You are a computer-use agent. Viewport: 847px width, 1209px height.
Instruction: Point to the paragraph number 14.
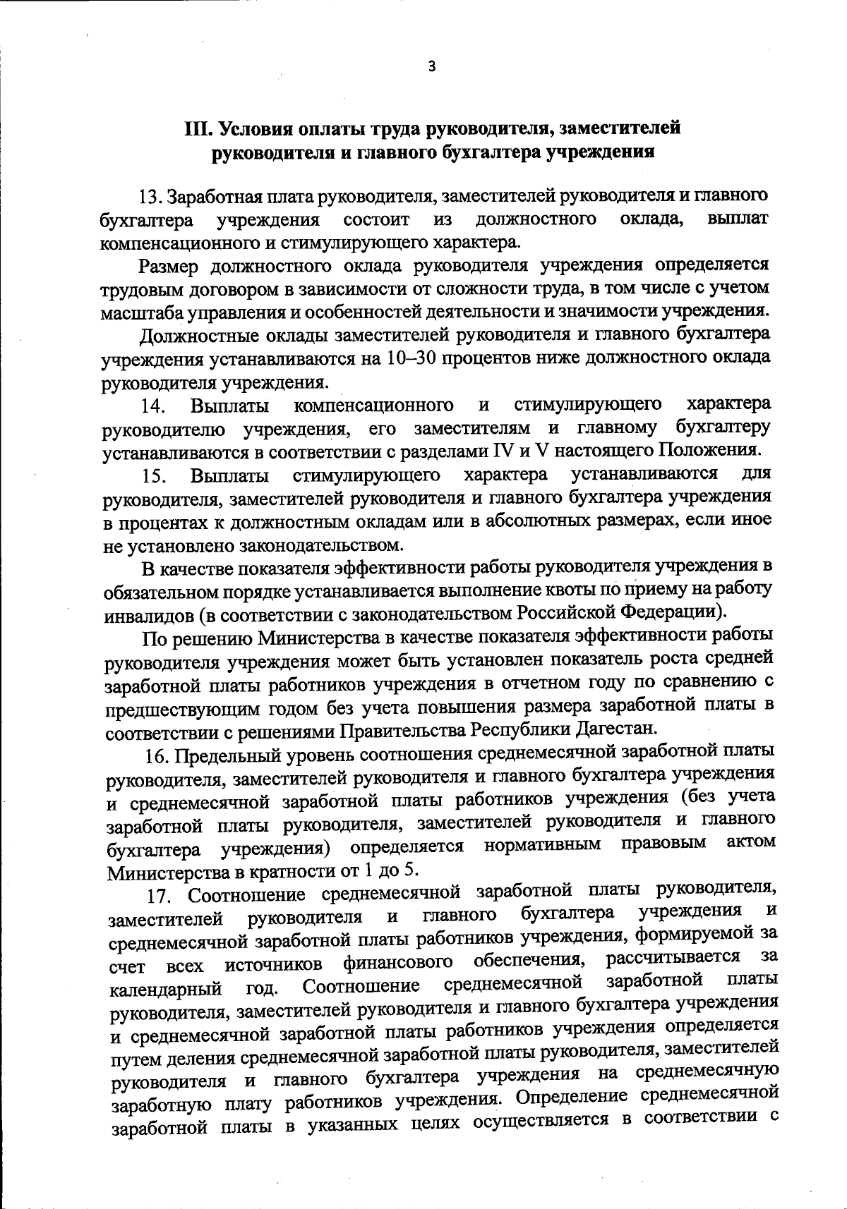153,406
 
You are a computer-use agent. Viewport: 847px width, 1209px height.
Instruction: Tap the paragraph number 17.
161,896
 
